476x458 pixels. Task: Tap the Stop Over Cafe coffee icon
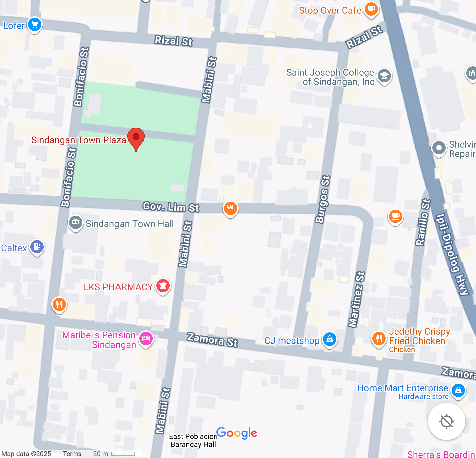coord(371,9)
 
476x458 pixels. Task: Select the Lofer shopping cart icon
coord(35,25)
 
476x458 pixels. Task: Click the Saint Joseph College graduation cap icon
coord(384,76)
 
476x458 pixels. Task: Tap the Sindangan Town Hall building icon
coord(76,222)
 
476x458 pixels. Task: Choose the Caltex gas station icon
coord(37,247)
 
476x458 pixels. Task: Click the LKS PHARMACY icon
coord(163,286)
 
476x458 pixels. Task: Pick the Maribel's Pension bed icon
coord(146,339)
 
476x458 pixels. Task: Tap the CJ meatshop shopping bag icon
coord(329,339)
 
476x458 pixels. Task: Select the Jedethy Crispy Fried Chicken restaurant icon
coord(378,339)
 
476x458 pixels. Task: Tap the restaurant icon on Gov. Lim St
coord(230,208)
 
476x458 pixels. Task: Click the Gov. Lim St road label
coord(171,207)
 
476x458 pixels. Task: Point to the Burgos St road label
coord(323,199)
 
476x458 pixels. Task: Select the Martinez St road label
coord(356,299)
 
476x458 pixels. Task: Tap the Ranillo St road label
coord(423,222)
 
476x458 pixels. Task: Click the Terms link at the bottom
coord(72,454)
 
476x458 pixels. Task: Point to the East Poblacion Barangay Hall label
coord(193,440)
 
